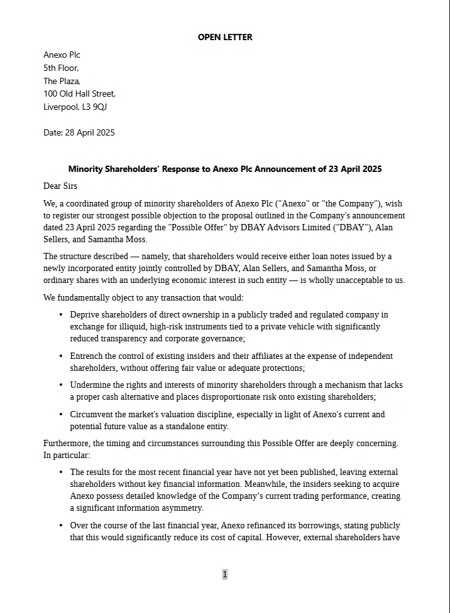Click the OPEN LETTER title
(x=225, y=37)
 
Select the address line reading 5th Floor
(x=61, y=68)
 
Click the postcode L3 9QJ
(x=94, y=107)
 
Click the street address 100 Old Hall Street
(x=79, y=93)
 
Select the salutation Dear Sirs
(x=60, y=186)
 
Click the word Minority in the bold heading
(x=86, y=169)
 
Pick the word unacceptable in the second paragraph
(x=353, y=280)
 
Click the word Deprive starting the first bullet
(x=85, y=314)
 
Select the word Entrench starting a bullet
(x=87, y=356)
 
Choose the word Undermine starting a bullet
(x=91, y=385)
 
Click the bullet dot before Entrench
(x=61, y=356)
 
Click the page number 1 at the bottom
(x=225, y=574)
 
